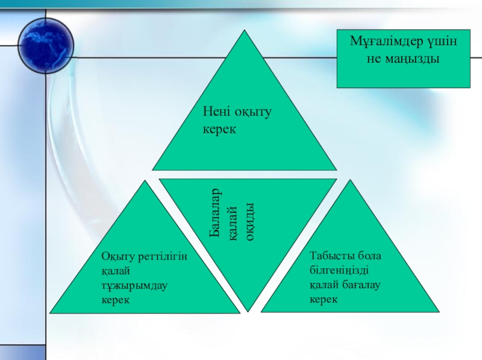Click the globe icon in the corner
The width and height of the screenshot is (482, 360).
(x=46, y=43)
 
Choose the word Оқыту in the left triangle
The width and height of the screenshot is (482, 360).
(x=117, y=256)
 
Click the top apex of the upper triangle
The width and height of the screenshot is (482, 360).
(x=245, y=31)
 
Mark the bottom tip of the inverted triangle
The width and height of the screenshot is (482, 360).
(x=248, y=312)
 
